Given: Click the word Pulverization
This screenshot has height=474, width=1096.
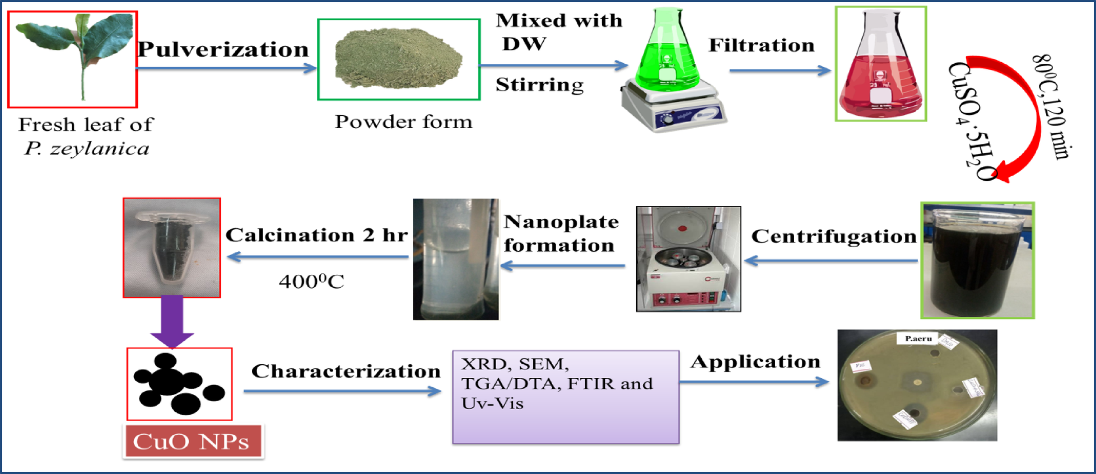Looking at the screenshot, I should coord(223,50).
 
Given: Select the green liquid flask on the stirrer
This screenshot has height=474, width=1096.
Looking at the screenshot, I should coord(668,56).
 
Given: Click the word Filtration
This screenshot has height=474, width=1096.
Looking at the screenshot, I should coord(761,45).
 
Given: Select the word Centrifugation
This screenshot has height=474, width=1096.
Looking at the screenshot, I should coord(833,236).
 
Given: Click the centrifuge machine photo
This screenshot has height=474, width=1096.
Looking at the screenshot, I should coord(688,259).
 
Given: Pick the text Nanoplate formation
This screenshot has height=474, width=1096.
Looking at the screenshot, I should coord(560,233).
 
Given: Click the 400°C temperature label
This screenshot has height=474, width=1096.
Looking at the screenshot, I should coord(311,281).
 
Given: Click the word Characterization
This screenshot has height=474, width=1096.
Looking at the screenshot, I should coord(346,371).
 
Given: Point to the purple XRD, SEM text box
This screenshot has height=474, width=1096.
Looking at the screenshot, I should coord(566,397).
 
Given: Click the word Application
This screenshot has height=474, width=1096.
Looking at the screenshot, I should coord(755,362).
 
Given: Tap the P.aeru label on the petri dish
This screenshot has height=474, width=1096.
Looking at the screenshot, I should coord(918,338).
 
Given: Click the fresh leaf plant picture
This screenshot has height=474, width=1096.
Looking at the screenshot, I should coord(73,59).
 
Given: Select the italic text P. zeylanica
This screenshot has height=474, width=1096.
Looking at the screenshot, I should coord(87,149).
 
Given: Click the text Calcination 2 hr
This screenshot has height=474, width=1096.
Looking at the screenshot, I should coord(316,235).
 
